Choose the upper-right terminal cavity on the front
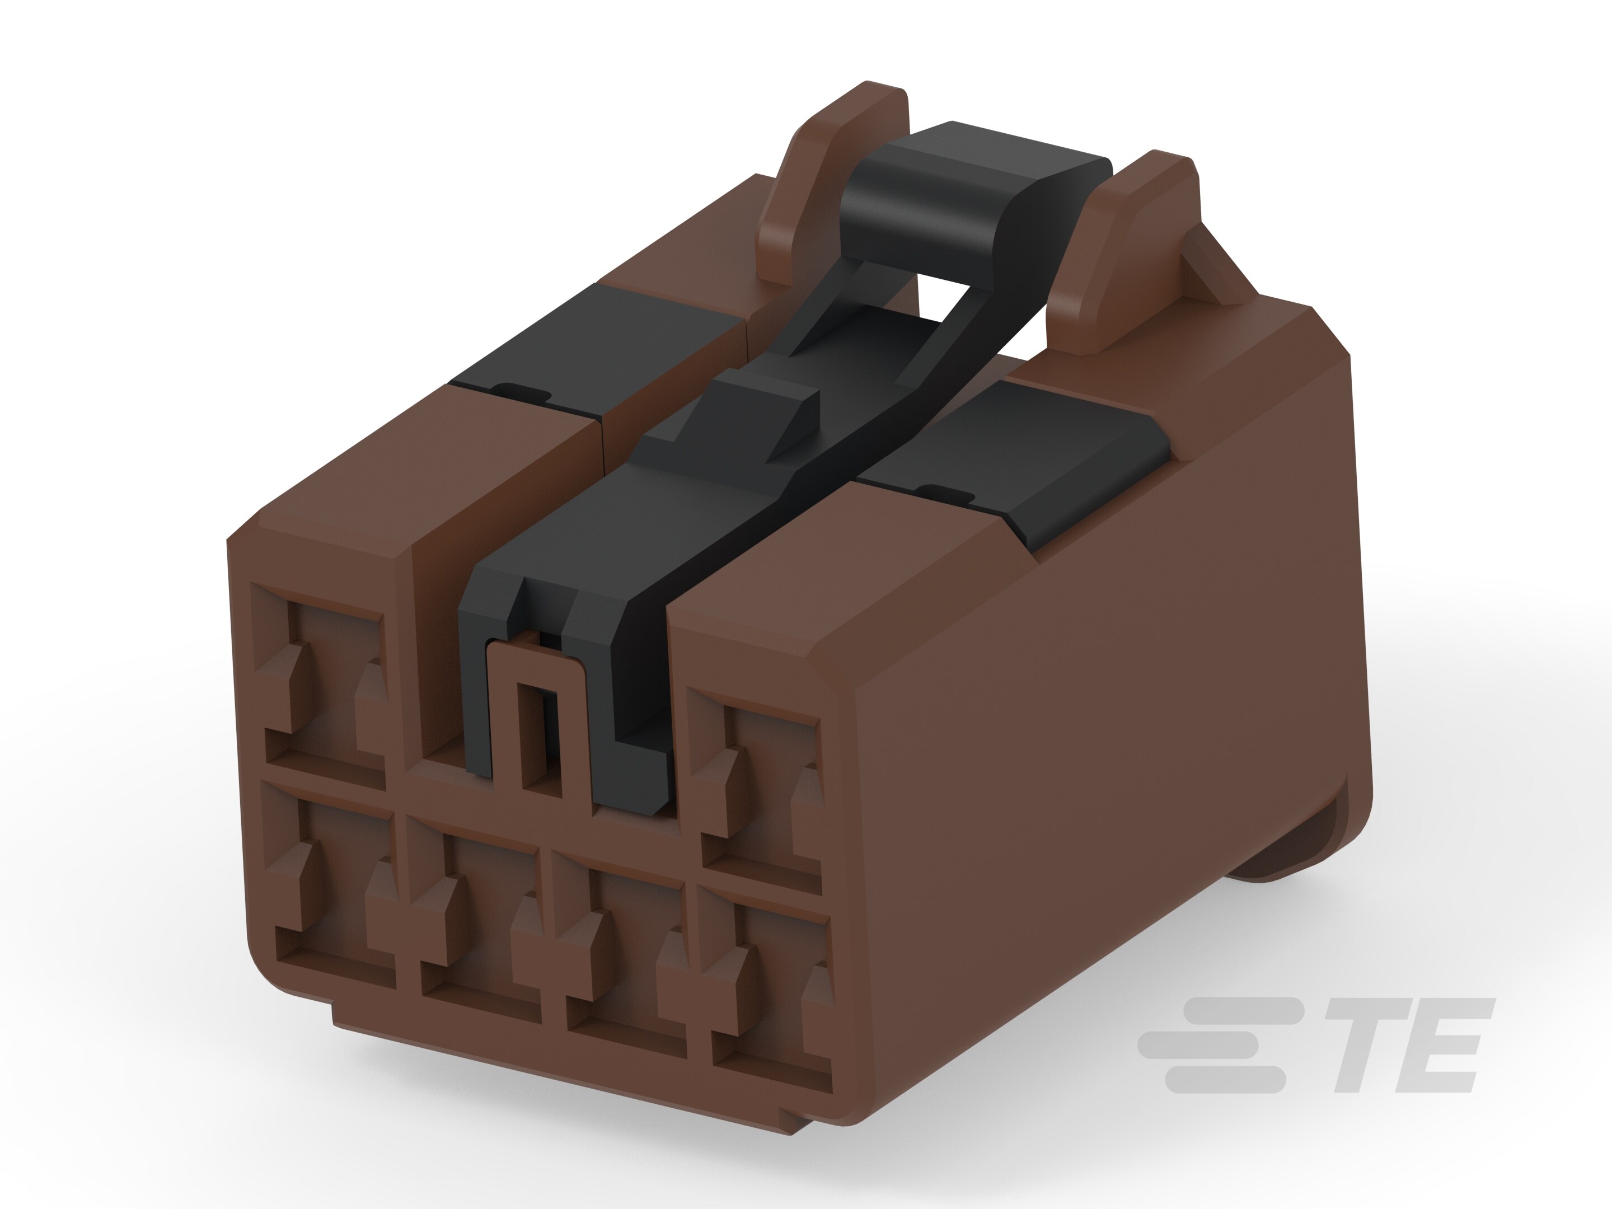click(x=758, y=787)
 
